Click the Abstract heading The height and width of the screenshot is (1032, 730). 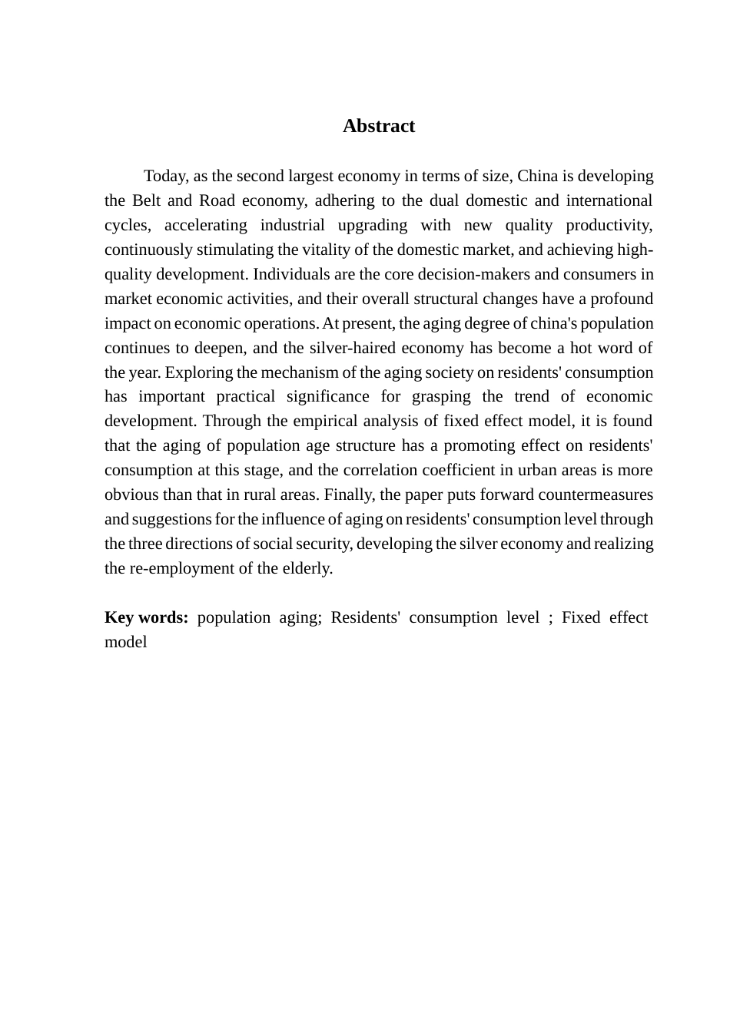click(x=378, y=127)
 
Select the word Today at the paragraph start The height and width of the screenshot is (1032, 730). click(x=164, y=177)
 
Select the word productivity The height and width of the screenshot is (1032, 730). click(x=609, y=226)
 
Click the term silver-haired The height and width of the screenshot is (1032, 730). click(x=357, y=349)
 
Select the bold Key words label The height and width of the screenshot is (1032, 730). click(x=146, y=618)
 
